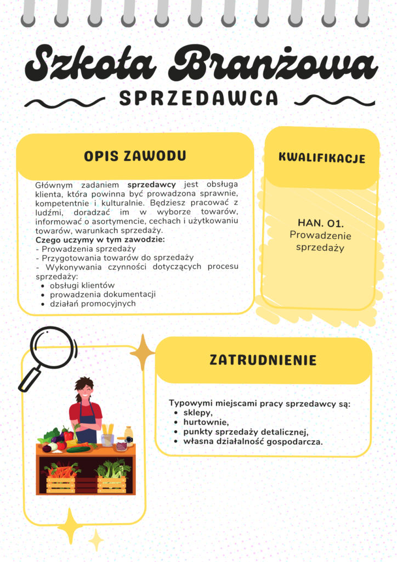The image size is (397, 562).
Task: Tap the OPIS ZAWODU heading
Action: pos(135,156)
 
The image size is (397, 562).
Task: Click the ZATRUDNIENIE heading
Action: pos(263,360)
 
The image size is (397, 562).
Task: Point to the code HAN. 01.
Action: pos(320,223)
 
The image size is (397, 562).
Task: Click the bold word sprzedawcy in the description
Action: pos(158,184)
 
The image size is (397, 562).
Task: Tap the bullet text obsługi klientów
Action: pos(82,285)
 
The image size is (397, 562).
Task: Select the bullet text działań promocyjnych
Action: pos(93,304)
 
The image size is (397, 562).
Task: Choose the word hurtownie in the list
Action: pos(206,422)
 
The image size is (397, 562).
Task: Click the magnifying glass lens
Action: pos(53,346)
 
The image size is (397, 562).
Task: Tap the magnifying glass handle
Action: pos(29,380)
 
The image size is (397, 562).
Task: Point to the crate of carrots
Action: pos(61,479)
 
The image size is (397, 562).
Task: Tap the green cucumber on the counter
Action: pos(78,448)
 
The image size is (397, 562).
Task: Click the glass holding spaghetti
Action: pos(107,436)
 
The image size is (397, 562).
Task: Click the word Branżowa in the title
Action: pos(273,65)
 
